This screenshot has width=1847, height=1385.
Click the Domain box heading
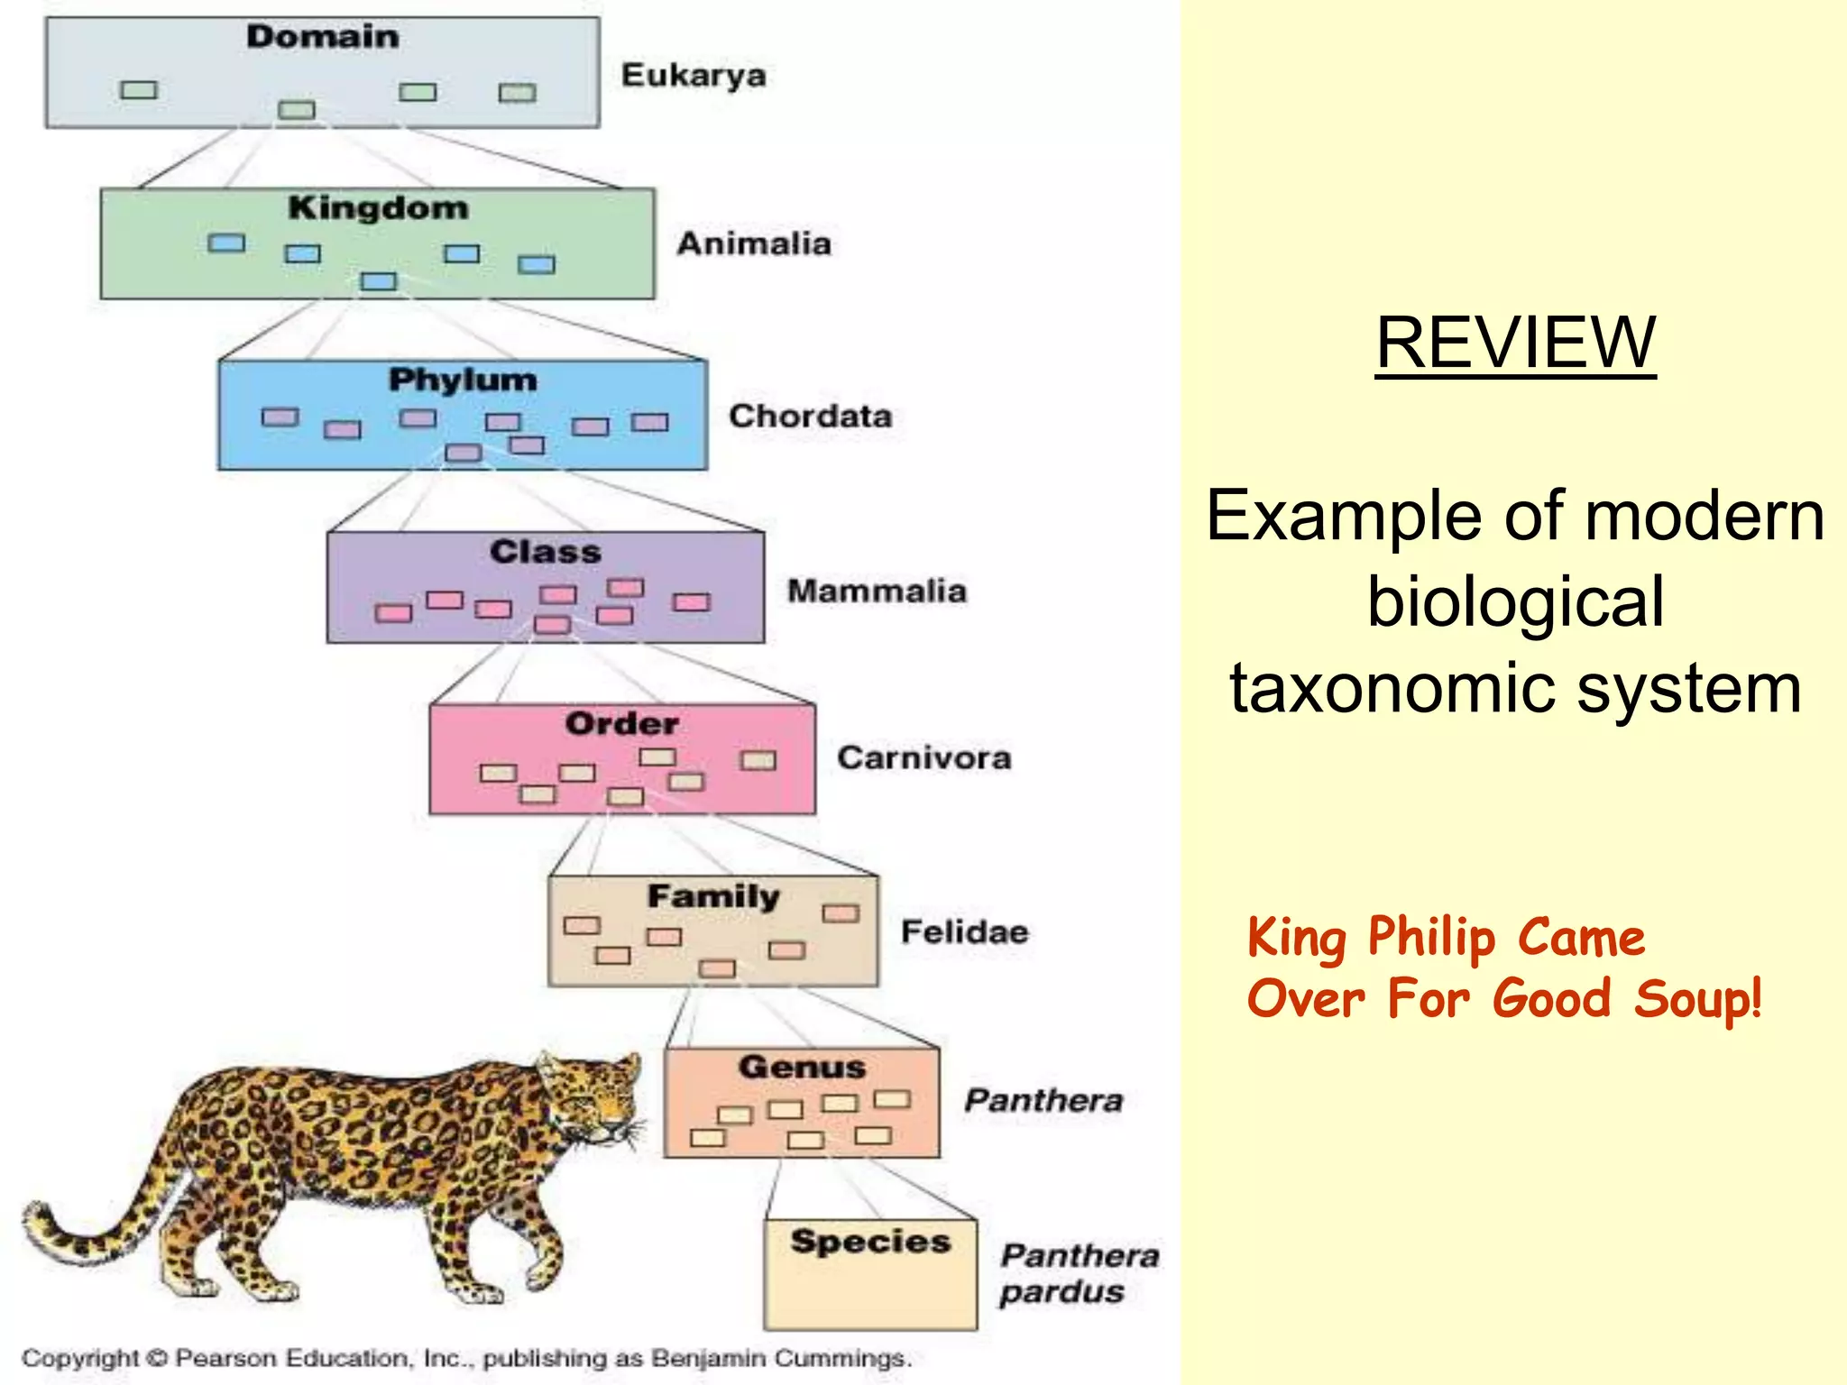(322, 37)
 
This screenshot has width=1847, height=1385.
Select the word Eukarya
(694, 76)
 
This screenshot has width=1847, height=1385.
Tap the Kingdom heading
(378, 208)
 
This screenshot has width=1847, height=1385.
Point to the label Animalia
(754, 244)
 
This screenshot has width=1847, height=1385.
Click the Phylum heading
(463, 381)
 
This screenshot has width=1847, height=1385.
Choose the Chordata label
(810, 417)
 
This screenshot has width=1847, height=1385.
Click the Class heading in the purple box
(545, 552)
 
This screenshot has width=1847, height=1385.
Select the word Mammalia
(877, 592)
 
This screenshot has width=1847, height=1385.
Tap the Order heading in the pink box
(621, 724)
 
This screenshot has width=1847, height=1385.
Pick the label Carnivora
(923, 758)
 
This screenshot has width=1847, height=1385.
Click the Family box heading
(713, 896)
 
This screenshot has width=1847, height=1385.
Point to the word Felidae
(964, 931)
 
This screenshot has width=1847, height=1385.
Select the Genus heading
(802, 1068)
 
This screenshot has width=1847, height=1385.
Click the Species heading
(870, 1242)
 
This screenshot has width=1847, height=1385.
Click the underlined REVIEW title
(1515, 344)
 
